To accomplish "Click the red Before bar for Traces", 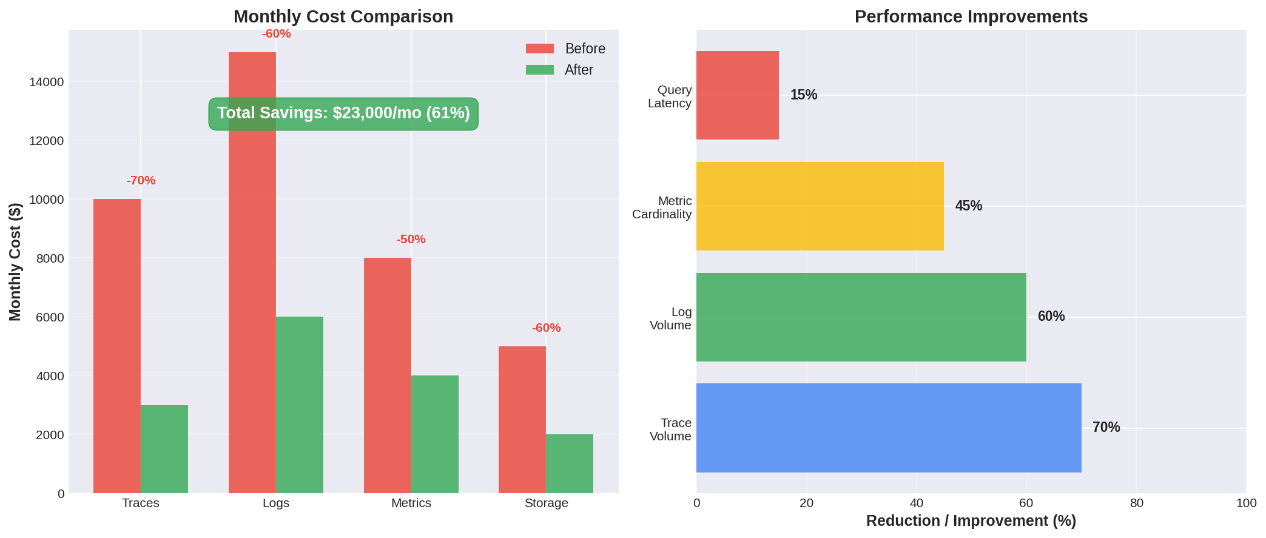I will [117, 346].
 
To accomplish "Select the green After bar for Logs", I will [300, 405].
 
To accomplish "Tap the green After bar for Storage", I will [570, 463].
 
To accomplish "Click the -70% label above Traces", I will [141, 181].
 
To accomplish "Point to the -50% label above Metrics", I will [411, 240].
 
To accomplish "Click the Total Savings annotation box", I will [343, 113].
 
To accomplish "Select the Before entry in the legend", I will [565, 49].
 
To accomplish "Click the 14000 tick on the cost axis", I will [47, 82].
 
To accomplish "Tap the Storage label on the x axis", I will [546, 503].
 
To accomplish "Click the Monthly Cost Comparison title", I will [343, 16].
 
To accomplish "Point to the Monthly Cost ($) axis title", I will [15, 262].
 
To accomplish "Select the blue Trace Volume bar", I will [888, 428].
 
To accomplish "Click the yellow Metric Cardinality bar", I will [820, 206].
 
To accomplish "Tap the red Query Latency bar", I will [737, 95].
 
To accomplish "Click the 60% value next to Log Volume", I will [1051, 317].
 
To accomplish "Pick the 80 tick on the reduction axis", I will [1136, 503].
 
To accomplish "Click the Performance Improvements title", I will [971, 16].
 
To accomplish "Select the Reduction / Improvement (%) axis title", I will [971, 521].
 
